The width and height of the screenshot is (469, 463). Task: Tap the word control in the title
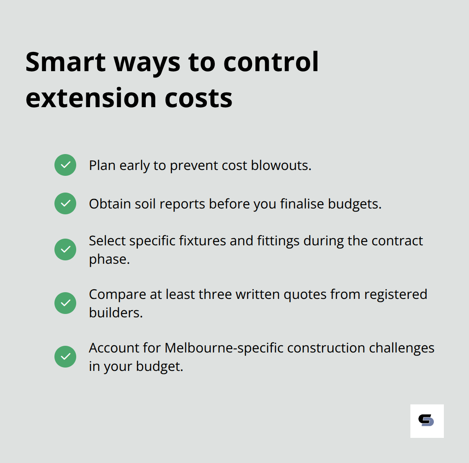point(271,62)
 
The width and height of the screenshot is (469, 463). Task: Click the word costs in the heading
point(198,98)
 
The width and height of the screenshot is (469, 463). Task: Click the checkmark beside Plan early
point(65,165)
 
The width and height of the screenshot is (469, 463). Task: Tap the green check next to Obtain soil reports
point(65,203)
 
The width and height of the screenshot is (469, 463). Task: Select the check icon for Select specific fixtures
point(65,250)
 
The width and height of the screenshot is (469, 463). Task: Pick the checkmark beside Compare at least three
point(65,303)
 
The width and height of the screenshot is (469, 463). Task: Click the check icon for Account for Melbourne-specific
point(65,357)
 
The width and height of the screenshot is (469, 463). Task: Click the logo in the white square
point(427,421)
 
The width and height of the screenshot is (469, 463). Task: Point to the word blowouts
point(281,165)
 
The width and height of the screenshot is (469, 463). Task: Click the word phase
point(109,260)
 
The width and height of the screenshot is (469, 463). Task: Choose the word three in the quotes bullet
point(215,294)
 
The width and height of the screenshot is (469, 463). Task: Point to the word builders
point(116,313)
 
